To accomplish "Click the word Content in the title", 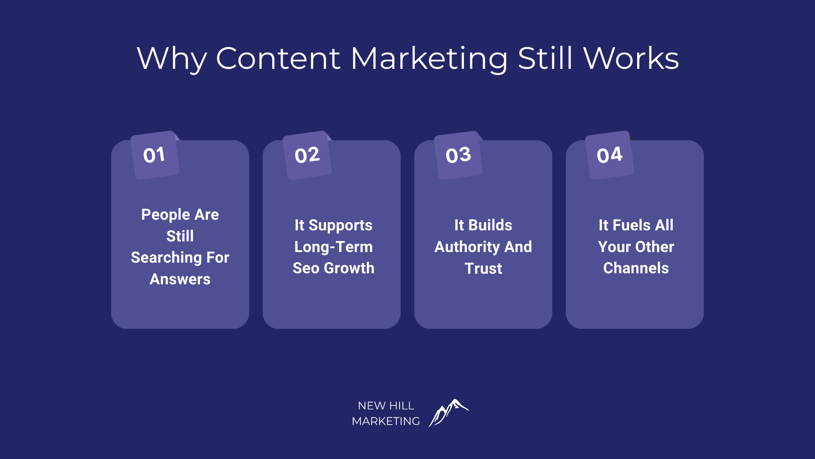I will pos(278,58).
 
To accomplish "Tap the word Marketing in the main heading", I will pos(429,58).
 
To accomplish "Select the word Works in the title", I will pos(631,58).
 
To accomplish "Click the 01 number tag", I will pos(155,155).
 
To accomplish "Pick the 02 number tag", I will pos(307,155).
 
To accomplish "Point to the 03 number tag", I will pos(458,155).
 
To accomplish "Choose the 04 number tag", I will pos(610,155).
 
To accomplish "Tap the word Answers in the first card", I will pos(180,279).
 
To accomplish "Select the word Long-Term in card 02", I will pos(334,247).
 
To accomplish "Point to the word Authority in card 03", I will pos(467,247).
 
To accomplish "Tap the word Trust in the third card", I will pos(483,269).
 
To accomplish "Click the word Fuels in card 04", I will pos(632,225).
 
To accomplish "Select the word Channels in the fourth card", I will pos(636,268).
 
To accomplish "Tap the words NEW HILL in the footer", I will pos(386,406).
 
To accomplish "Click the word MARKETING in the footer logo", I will pos(386,421).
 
